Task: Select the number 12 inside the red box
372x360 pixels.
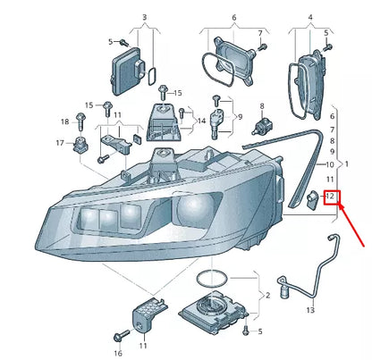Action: (x=330, y=197)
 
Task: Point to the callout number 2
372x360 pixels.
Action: (x=267, y=294)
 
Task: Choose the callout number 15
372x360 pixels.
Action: (x=177, y=93)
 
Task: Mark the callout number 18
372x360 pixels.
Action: (x=64, y=121)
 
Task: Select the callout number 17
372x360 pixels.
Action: (x=59, y=143)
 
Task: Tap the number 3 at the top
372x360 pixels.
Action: (x=143, y=18)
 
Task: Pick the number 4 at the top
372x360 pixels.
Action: (x=310, y=18)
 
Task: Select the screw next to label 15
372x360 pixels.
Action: (x=162, y=90)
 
